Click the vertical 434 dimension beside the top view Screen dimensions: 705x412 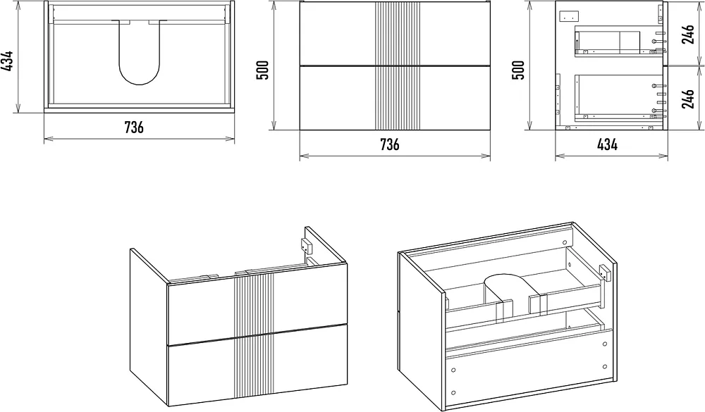[7, 61]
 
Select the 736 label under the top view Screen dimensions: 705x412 [134, 127]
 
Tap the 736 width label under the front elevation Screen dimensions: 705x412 [389, 144]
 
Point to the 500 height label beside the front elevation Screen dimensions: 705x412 [262, 70]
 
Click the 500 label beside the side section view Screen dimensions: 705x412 [518, 70]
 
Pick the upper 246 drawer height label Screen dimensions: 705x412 [688, 34]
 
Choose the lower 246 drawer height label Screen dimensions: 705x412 [688, 99]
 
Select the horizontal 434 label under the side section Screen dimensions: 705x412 [607, 144]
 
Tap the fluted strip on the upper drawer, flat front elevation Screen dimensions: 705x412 [397, 34]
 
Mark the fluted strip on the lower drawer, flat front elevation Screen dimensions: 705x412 [397, 99]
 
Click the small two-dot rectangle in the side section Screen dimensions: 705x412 [566, 17]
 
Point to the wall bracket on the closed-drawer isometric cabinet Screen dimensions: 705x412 [306, 246]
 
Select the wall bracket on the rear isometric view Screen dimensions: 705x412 [606, 273]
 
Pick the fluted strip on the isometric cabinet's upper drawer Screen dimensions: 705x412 [254, 305]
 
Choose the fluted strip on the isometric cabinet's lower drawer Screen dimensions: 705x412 [254, 366]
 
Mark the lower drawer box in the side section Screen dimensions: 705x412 [619, 96]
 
